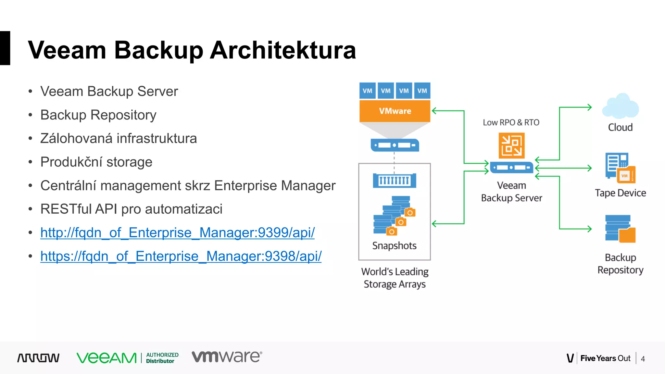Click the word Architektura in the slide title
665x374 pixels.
[283, 50]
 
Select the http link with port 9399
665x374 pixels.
[177, 233]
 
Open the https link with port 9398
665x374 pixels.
[181, 256]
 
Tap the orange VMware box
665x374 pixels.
[395, 111]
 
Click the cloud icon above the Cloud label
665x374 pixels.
[620, 106]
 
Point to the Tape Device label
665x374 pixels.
[620, 193]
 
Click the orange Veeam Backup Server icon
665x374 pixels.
[511, 145]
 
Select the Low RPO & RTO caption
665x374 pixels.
[511, 122]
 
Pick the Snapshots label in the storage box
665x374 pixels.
[394, 246]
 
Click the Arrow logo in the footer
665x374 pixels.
[38, 358]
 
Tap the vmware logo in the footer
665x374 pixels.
[227, 357]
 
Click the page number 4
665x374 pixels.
[643, 359]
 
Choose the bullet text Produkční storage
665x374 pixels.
[96, 162]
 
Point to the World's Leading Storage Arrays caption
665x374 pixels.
[395, 278]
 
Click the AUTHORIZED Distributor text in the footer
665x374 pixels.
[162, 358]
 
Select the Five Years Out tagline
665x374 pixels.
[605, 358]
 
